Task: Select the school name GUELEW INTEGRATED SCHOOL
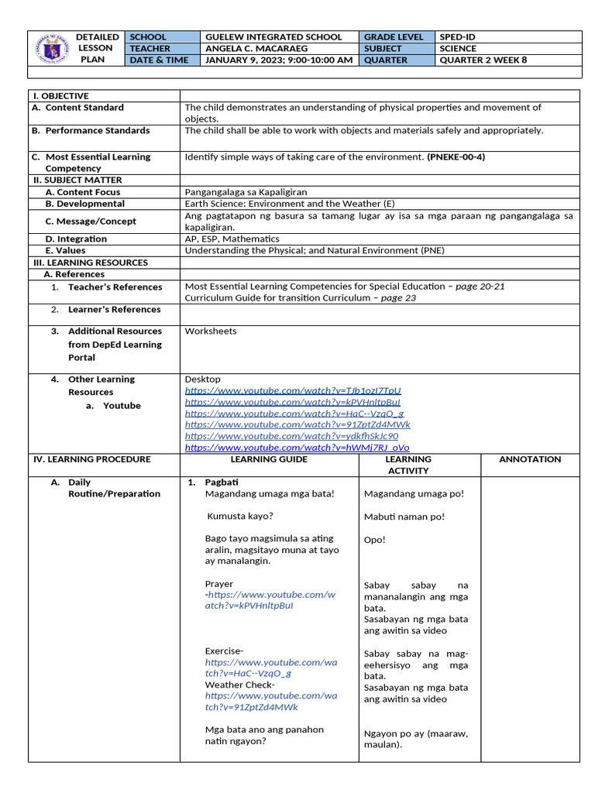click(273, 36)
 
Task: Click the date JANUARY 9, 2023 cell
click(278, 60)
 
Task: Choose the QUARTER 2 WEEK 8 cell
click(483, 60)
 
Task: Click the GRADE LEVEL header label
click(394, 36)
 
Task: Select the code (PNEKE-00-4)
click(456, 156)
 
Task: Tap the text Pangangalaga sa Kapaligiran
click(246, 192)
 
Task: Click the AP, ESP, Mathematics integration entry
click(232, 239)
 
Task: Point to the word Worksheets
click(211, 331)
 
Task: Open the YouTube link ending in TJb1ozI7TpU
click(293, 391)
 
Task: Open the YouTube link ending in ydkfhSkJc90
click(291, 436)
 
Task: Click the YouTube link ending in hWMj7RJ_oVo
click(297, 448)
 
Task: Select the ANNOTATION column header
click(530, 459)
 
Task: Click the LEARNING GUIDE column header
click(269, 459)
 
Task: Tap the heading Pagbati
click(221, 482)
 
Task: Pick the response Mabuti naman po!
click(404, 517)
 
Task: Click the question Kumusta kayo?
click(240, 516)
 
